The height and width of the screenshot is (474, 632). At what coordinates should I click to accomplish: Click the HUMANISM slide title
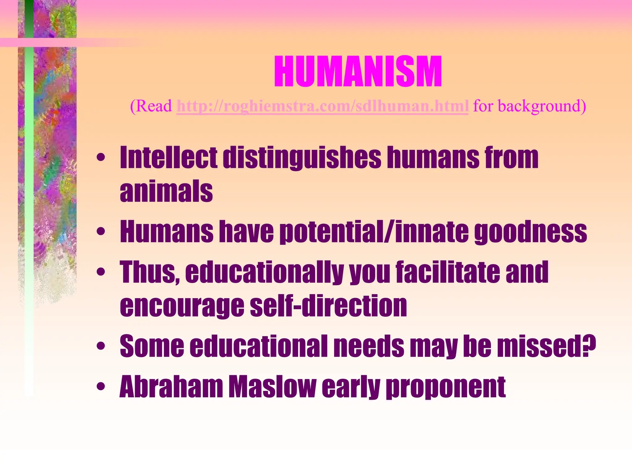tap(358, 72)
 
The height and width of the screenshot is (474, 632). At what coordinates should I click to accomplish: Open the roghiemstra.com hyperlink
tap(322, 106)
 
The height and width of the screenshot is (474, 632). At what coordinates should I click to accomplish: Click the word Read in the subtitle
tap(153, 106)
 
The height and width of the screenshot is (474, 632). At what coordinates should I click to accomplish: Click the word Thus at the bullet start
tap(149, 272)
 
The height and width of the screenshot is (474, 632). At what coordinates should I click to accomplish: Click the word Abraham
tap(171, 386)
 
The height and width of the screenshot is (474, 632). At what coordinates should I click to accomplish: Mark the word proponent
tap(446, 386)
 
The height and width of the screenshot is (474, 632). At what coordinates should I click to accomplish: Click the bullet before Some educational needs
tap(101, 346)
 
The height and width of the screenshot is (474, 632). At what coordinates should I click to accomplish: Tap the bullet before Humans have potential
tap(101, 231)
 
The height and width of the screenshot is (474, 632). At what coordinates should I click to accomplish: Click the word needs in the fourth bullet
tap(368, 346)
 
